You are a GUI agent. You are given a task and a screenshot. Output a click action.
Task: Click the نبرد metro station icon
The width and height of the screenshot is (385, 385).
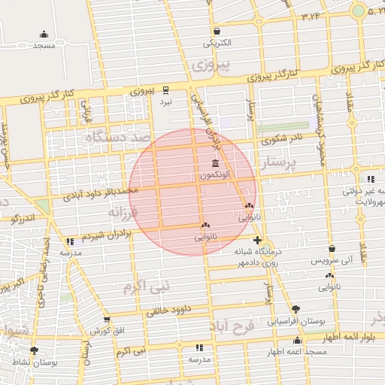pos(165,89)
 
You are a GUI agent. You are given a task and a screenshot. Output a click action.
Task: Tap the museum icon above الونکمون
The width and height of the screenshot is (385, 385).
pos(216,164)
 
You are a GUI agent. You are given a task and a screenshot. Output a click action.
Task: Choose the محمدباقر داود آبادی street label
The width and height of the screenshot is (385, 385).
pos(102,193)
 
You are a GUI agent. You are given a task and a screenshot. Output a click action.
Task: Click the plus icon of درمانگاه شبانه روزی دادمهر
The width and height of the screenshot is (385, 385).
pos(258,240)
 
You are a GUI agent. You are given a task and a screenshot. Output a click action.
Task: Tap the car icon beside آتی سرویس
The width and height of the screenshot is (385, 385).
pos(333,250)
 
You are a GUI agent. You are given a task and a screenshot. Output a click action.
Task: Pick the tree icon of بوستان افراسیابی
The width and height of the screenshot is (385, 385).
pos(296,309)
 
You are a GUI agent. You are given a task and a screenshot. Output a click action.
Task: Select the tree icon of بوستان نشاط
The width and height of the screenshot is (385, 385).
pos(34,350)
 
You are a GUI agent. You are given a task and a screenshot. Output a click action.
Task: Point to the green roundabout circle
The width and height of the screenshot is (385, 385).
pos(359,11)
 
